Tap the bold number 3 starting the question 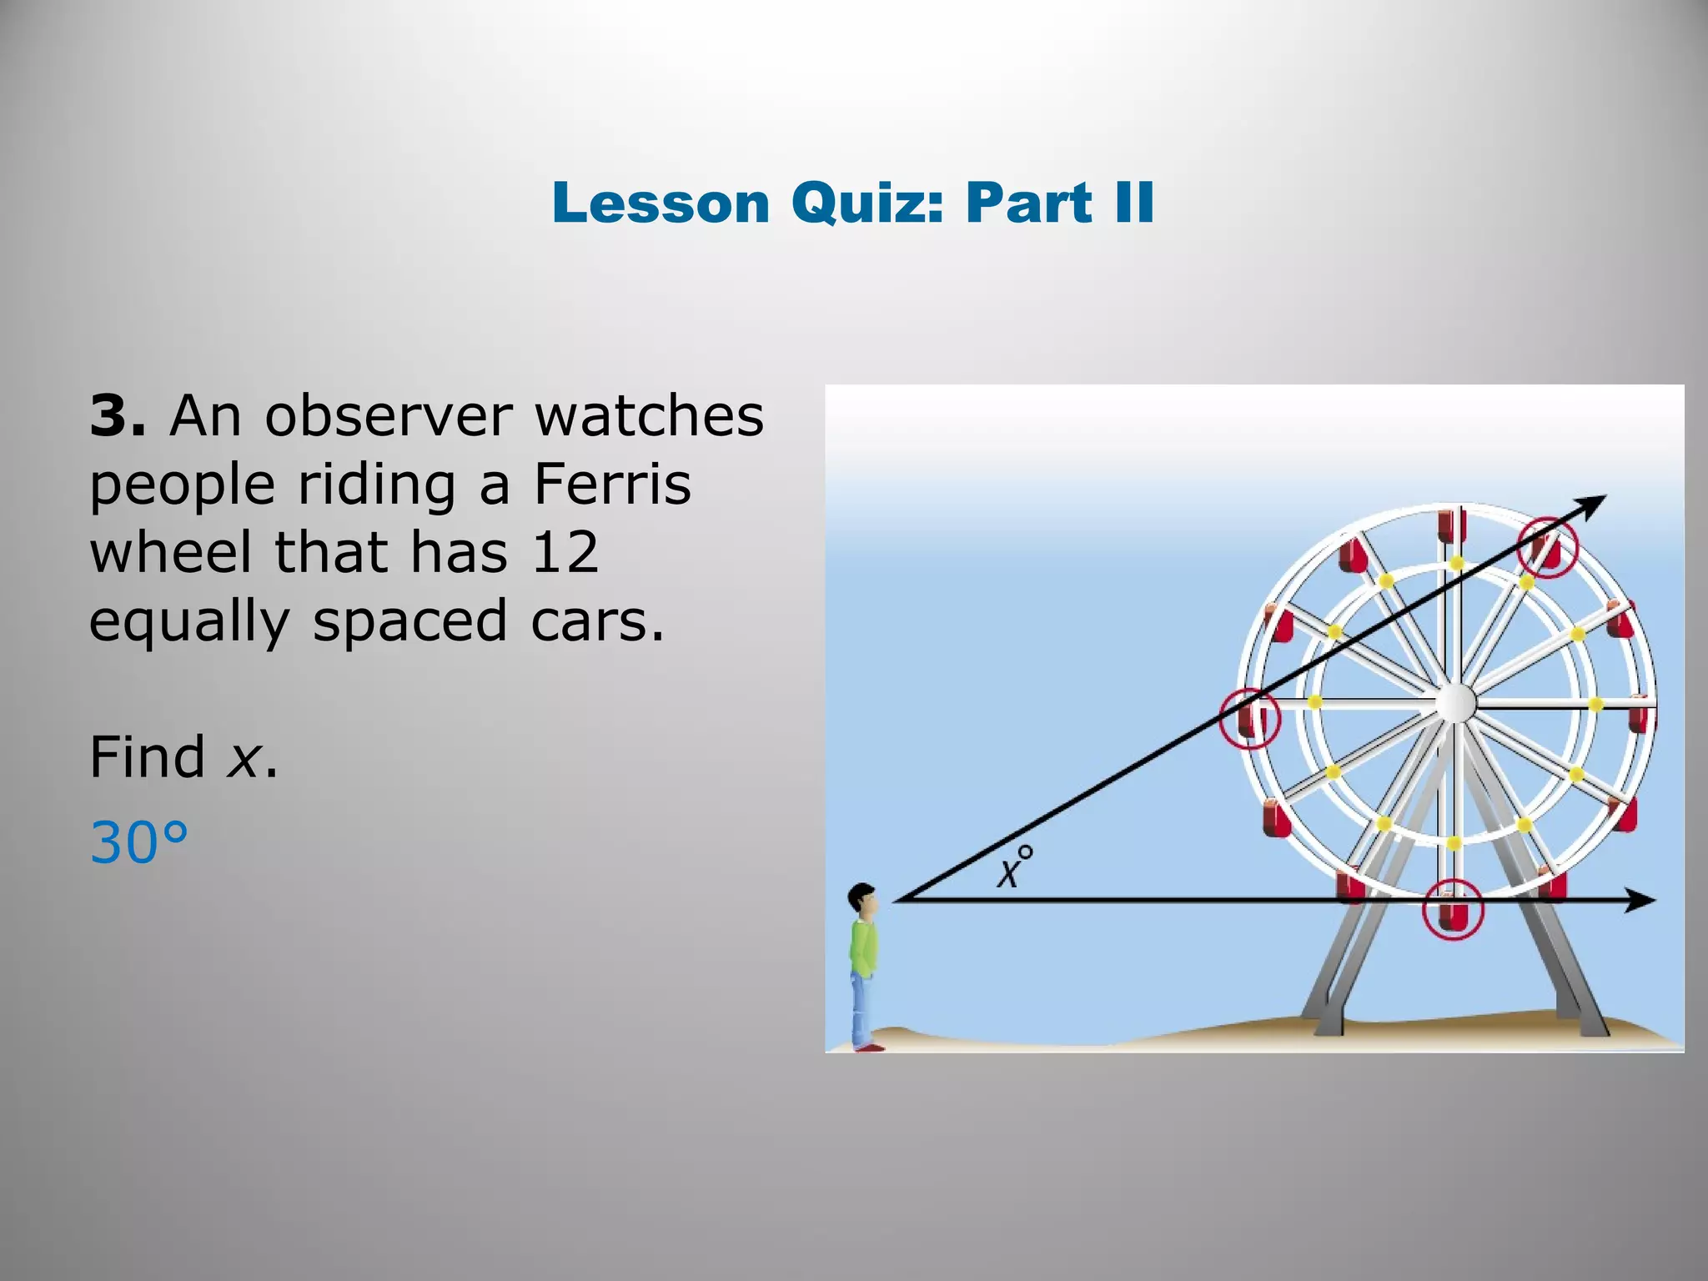click(115, 415)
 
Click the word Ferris click(613, 485)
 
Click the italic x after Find click(244, 758)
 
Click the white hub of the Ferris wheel click(1455, 703)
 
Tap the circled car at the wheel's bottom click(1452, 909)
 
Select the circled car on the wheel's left click(1248, 718)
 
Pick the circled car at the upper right click(1548, 547)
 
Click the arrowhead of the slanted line click(1594, 502)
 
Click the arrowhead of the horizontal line click(1643, 900)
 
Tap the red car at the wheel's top click(1451, 525)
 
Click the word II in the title click(1133, 203)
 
